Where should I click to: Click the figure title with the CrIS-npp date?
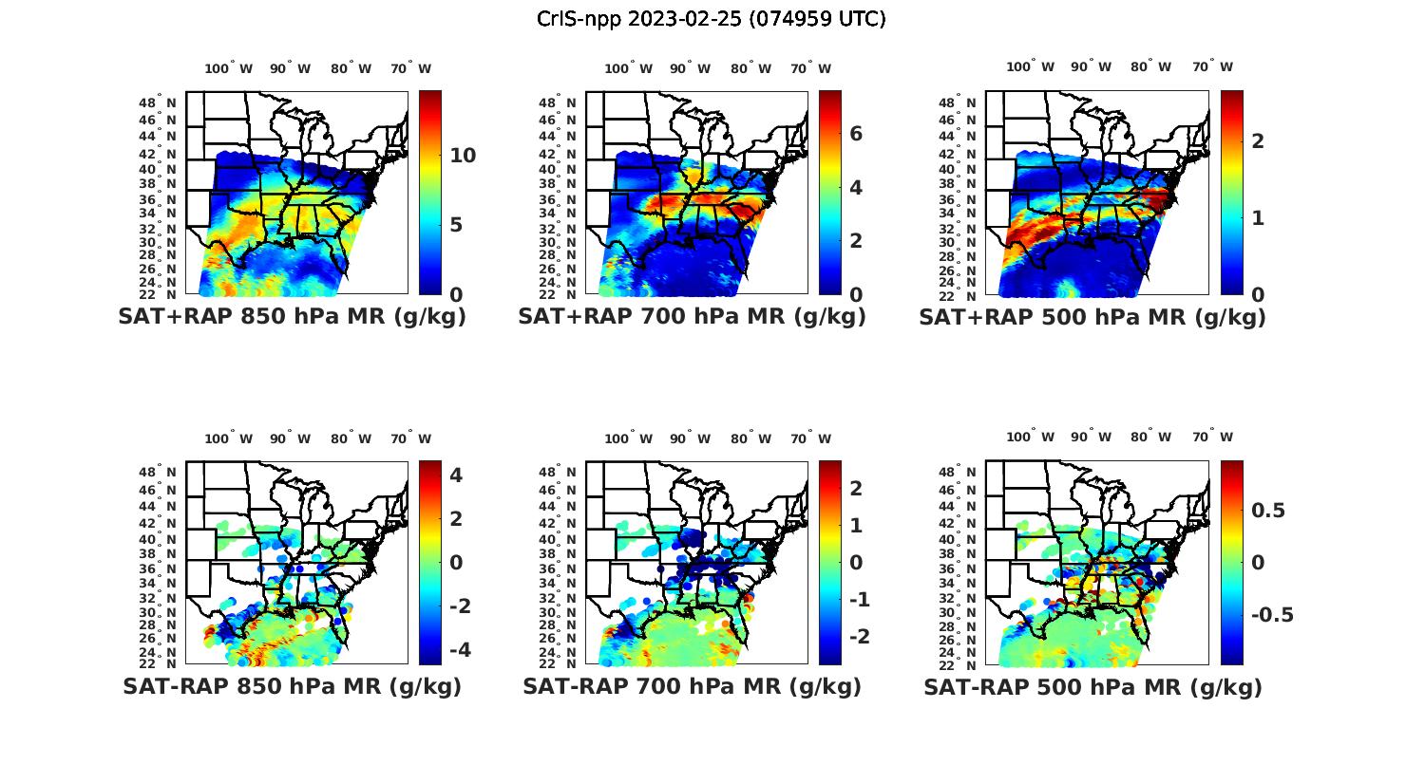(x=711, y=19)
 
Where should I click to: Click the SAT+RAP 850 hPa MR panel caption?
(x=292, y=317)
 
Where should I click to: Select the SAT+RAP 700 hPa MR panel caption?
(x=692, y=317)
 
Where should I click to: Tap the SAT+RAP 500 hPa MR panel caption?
(x=1092, y=317)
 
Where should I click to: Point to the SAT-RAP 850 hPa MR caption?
(x=292, y=686)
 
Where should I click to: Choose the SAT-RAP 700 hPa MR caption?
(x=692, y=686)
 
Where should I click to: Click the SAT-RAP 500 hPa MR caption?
(x=1092, y=686)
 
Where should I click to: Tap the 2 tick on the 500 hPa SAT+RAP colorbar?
(x=1258, y=140)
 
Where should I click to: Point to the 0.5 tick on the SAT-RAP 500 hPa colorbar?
(x=1268, y=511)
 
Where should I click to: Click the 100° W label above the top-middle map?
(x=628, y=68)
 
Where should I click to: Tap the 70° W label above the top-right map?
(x=1213, y=66)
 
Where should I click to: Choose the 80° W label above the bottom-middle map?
(x=750, y=438)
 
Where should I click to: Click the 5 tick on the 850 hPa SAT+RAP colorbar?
(x=456, y=225)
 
